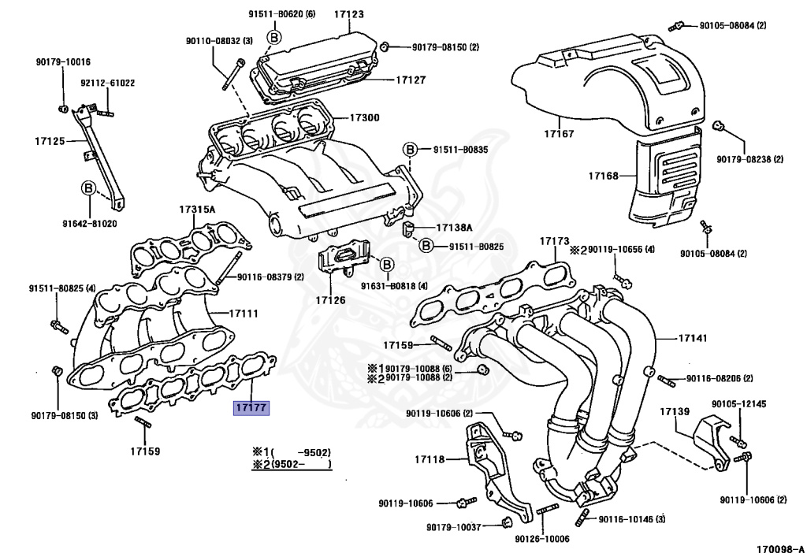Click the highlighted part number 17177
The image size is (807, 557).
pos(251,408)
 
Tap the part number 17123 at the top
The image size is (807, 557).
pos(348,14)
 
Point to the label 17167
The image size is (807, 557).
pos(558,133)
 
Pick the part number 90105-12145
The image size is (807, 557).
pos(738,404)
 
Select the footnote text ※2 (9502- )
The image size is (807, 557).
pos(291,464)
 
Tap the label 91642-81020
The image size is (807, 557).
pos(88,223)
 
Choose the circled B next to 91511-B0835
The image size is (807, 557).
pos(410,149)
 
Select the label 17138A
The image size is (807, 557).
pos(454,228)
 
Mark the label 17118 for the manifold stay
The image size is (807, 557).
pos(430,459)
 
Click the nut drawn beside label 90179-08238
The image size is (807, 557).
pos(718,126)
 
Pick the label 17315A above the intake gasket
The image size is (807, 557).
pos(197,210)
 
